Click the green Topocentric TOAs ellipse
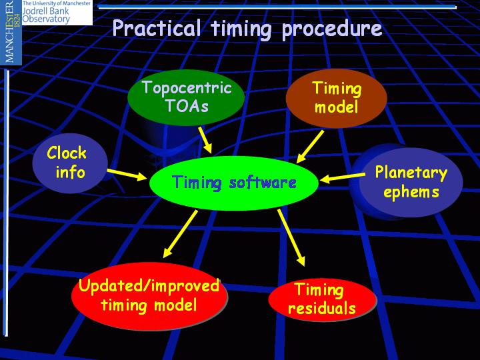coord(186,97)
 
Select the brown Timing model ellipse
coord(336,98)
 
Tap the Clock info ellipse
coord(70,163)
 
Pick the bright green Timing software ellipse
coord(234,183)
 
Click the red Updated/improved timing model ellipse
coord(149,296)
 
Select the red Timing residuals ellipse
coord(322,299)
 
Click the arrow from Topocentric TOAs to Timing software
coord(205,140)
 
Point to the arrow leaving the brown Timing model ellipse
coord(310,147)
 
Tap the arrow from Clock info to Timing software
coord(127,175)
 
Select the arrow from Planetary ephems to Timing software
coord(342,177)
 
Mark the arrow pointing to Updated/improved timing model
coord(180,234)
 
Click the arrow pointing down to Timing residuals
coord(291,237)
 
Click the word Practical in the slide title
coord(157,29)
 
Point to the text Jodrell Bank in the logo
coord(46,11)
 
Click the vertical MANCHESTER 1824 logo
coord(11,32)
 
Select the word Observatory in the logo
coord(46,19)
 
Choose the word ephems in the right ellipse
coord(411,192)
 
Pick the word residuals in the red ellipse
coord(322,308)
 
